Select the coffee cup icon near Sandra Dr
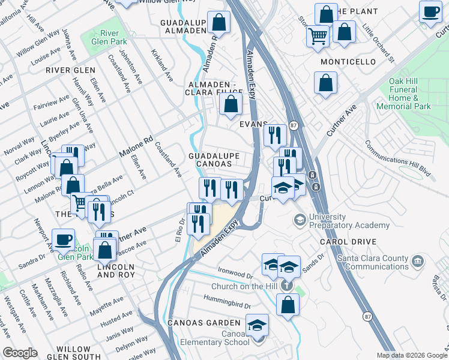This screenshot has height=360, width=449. click(x=63, y=240)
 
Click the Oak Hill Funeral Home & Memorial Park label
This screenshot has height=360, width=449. click(x=403, y=94)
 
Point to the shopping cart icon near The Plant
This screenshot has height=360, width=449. click(x=318, y=35)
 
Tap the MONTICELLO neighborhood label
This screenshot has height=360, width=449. click(x=348, y=62)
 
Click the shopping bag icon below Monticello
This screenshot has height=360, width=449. click(x=325, y=83)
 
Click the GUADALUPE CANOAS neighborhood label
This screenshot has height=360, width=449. click(x=214, y=160)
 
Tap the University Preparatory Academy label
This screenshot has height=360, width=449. click(x=349, y=221)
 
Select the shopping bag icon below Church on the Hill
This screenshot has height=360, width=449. click(x=288, y=304)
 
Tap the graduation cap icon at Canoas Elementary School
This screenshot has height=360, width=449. click(x=257, y=325)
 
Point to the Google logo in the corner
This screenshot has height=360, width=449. click(x=20, y=352)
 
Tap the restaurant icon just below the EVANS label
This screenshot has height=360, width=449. click(x=274, y=136)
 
